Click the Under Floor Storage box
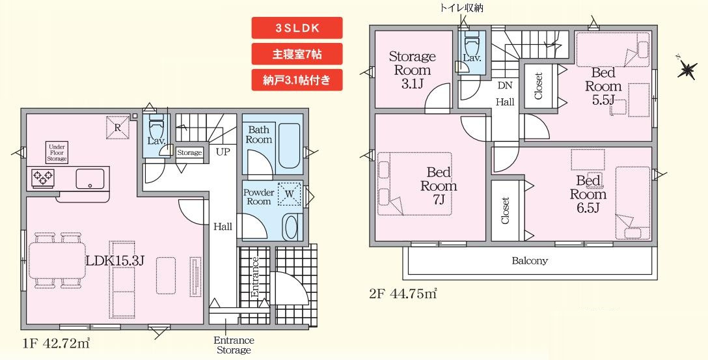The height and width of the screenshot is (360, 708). coord(57,152)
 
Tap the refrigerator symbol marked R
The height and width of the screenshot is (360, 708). coord(117,128)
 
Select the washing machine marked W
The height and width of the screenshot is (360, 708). coord(289,193)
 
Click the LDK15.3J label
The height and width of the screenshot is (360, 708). coord(115,260)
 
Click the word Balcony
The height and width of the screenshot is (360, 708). coord(529,261)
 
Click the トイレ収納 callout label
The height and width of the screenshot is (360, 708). coord(462,7)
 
